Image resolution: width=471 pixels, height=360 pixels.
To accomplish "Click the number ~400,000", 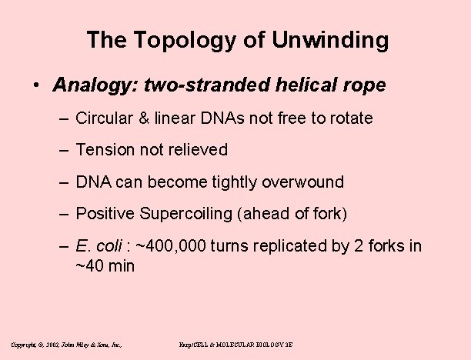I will (165, 247).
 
